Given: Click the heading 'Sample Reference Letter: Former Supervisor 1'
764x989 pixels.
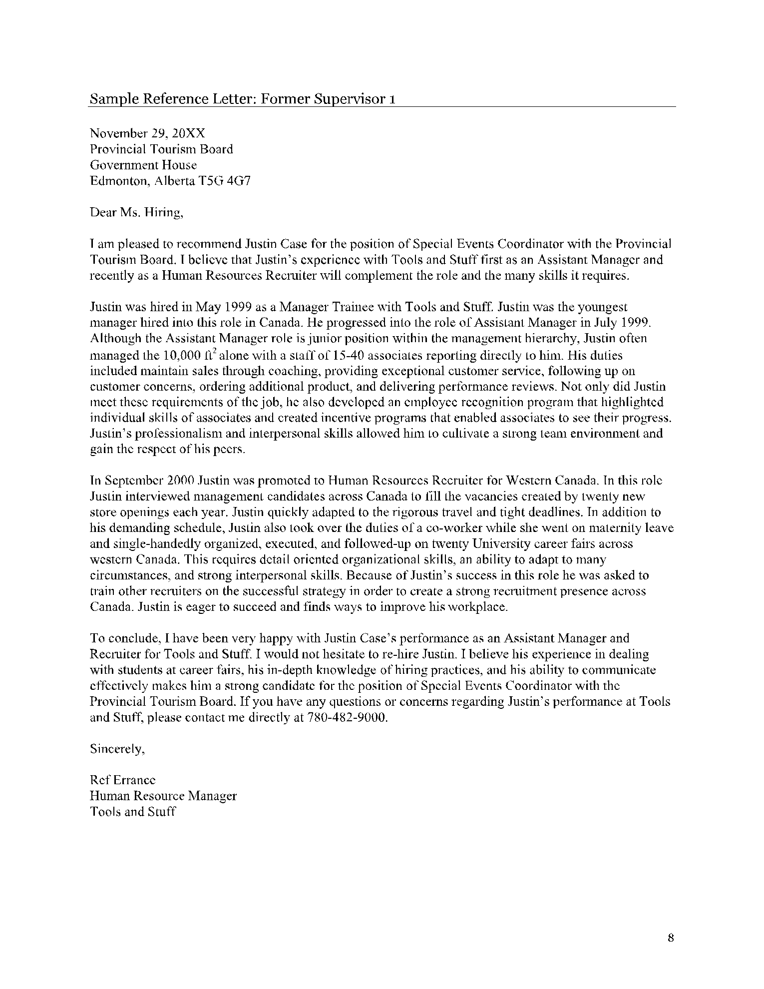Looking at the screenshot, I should [x=243, y=99].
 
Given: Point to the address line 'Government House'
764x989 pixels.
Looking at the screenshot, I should [x=143, y=165].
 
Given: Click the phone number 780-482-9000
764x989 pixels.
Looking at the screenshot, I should [x=345, y=718].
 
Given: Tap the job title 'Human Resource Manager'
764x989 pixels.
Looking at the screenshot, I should [x=163, y=796].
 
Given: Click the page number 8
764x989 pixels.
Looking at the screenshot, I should [x=671, y=938].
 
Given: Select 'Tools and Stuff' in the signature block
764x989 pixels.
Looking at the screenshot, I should [x=132, y=812].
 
